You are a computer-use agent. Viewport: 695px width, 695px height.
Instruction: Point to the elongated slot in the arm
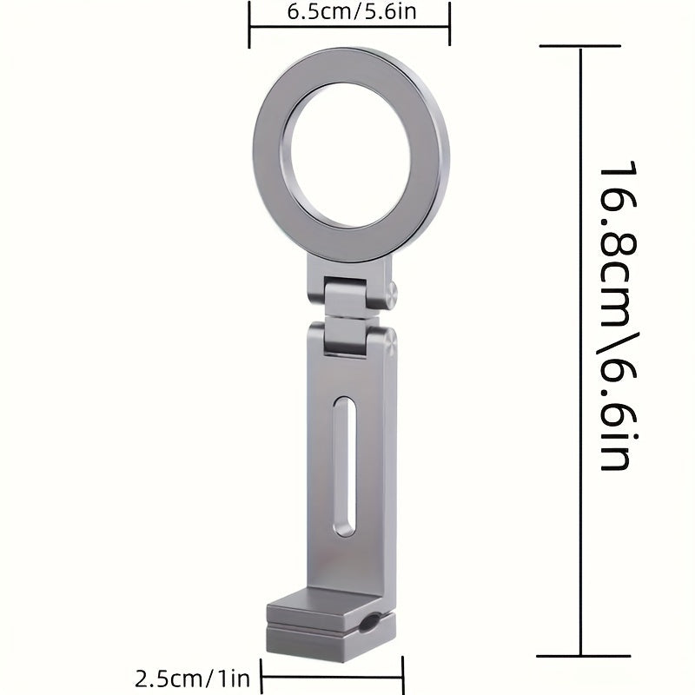pos(345,467)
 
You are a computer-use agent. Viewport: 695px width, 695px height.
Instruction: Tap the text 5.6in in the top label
pos(374,14)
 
